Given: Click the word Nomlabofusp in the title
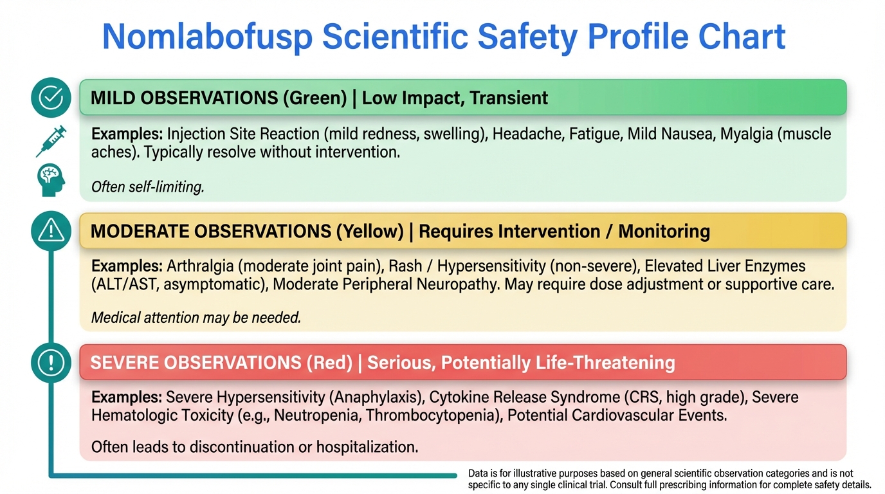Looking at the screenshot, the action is click(x=207, y=37).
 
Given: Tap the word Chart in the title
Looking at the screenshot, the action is click(x=742, y=36).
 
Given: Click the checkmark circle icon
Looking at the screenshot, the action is click(x=51, y=97).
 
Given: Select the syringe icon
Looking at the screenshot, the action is click(x=51, y=141).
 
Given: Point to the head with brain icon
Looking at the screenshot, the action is click(x=51, y=180).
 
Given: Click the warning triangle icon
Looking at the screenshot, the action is click(x=51, y=231).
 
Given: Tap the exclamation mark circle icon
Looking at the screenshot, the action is click(x=51, y=362).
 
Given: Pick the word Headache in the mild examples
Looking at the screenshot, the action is click(x=527, y=134).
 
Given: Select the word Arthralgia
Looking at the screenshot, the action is click(x=200, y=266).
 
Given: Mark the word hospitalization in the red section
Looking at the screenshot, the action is click(x=367, y=447).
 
